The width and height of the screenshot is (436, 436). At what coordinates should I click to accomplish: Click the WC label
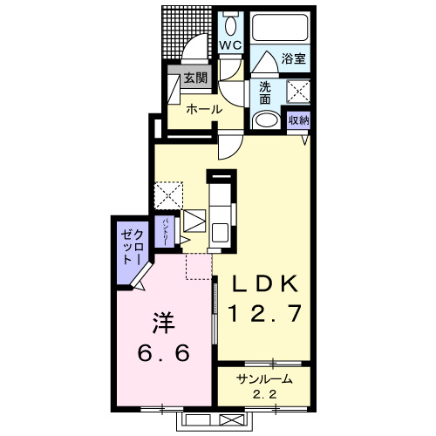point(230,45)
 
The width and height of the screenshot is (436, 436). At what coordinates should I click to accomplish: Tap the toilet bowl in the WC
point(231,27)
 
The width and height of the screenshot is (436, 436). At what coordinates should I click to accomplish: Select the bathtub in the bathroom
point(280,28)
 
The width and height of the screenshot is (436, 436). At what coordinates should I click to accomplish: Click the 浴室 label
point(294,58)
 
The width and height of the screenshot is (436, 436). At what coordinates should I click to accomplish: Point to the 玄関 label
point(195,78)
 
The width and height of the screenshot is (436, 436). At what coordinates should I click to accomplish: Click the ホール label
point(204,110)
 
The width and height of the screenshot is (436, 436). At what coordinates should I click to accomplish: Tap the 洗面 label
point(265,92)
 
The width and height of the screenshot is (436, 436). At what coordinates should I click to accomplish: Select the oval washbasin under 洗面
point(266,119)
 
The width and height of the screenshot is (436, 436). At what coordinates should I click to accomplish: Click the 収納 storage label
point(298,119)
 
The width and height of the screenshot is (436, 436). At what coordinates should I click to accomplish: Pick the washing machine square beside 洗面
point(298,91)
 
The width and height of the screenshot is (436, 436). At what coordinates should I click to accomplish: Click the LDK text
point(264,283)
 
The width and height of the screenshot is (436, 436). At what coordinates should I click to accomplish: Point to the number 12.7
point(264,313)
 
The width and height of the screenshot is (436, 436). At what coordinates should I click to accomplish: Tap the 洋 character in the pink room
point(164,323)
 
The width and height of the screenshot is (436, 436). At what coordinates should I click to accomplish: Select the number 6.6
point(164,353)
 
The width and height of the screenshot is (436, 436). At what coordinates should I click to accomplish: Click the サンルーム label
point(264,379)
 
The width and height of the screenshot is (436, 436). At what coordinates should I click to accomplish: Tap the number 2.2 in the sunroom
point(264,394)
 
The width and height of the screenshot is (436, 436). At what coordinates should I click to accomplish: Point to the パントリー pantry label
point(165,232)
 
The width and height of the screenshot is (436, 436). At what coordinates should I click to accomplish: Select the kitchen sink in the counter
point(220,233)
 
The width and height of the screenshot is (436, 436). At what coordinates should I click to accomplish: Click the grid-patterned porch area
point(186,33)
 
